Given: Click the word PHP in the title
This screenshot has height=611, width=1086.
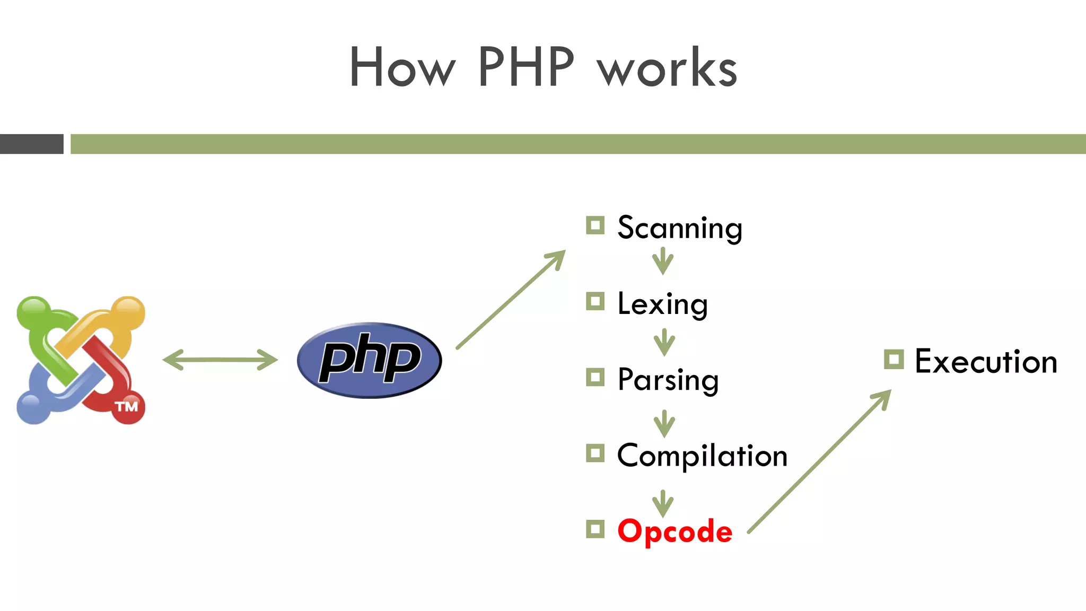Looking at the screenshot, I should pyautogui.click(x=526, y=67).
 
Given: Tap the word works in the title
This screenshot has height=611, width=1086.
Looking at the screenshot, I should pyautogui.click(x=667, y=68).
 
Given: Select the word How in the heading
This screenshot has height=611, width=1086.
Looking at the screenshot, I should pyautogui.click(x=402, y=67).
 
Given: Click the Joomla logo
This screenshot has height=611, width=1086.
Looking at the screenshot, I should pyautogui.click(x=81, y=360).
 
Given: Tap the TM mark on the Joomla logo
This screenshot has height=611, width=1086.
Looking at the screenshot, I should pyautogui.click(x=127, y=407).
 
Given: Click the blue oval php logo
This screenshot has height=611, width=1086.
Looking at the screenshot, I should pyautogui.click(x=369, y=360).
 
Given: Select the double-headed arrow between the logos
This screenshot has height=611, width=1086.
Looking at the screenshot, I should pyautogui.click(x=220, y=360).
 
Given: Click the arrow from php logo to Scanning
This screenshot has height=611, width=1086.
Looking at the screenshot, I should pyautogui.click(x=511, y=300).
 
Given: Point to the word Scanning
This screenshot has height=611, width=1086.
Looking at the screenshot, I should pyautogui.click(x=679, y=228).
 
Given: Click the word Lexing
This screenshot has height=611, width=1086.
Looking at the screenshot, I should pyautogui.click(x=662, y=304).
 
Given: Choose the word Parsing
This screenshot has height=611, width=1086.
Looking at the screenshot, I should pyautogui.click(x=668, y=380).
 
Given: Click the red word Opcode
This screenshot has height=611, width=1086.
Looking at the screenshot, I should pyautogui.click(x=675, y=531).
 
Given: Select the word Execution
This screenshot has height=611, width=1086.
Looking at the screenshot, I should pyautogui.click(x=986, y=362).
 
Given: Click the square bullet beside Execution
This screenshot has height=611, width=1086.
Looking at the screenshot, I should pyautogui.click(x=894, y=360).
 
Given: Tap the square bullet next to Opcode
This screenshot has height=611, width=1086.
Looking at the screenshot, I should pyautogui.click(x=595, y=529).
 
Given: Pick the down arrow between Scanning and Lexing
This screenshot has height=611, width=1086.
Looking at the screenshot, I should pyautogui.click(x=663, y=261).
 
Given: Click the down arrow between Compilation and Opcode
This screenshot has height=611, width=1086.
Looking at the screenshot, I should pyautogui.click(x=663, y=503).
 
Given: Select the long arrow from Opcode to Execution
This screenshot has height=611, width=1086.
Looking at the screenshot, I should pyautogui.click(x=819, y=461).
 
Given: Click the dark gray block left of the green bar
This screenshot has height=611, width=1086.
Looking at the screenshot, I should pyautogui.click(x=31, y=144).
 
